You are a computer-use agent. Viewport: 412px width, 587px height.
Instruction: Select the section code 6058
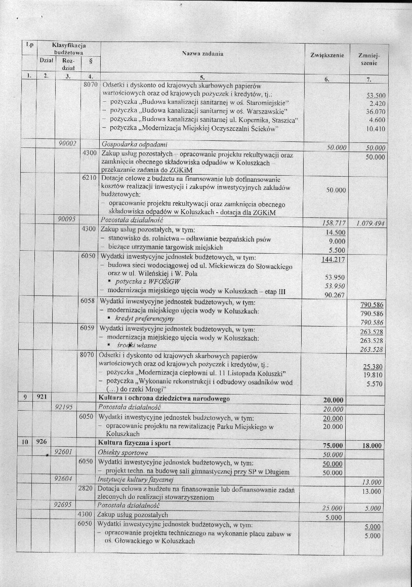click(x=90, y=301)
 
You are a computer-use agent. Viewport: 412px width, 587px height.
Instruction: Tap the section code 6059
click(x=90, y=328)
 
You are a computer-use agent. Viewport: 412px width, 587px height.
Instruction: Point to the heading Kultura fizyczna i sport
click(x=135, y=443)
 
